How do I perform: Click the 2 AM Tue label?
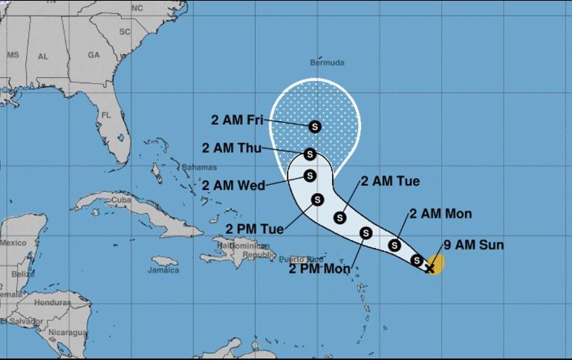point(390,181)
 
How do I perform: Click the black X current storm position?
point(429,267)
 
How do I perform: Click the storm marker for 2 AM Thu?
point(311,154)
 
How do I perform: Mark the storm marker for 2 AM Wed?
point(311,175)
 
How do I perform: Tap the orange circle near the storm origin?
point(436,262)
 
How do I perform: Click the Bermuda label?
point(328,63)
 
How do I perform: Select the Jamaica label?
point(164,270)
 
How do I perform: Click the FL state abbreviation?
point(107,115)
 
